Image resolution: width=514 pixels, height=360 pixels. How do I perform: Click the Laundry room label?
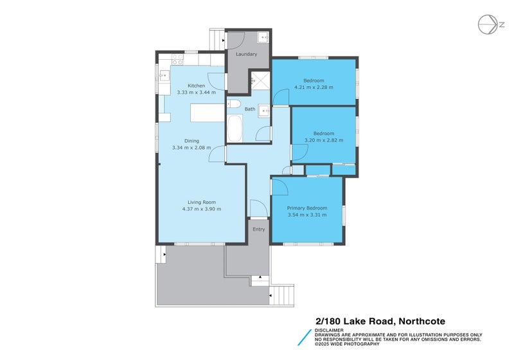click(x=247, y=54)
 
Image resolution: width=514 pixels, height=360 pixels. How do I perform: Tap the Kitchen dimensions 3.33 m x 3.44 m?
click(x=196, y=93)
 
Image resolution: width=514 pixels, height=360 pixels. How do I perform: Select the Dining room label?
click(x=192, y=141)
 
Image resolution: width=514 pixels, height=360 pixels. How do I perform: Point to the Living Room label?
click(x=201, y=202)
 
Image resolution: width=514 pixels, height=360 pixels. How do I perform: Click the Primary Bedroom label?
click(x=307, y=208)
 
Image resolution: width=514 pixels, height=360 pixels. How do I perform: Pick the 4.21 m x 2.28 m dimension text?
click(x=314, y=87)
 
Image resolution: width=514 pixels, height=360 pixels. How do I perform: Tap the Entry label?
click(x=258, y=229)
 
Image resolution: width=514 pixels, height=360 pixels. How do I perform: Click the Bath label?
click(x=249, y=109)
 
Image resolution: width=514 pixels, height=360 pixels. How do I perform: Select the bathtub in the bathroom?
click(x=234, y=129)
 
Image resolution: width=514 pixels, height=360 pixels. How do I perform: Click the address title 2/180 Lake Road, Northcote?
click(x=379, y=321)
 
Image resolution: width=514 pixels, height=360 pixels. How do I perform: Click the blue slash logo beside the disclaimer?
click(x=304, y=339)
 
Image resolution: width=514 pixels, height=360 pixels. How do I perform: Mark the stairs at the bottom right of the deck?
click(x=283, y=296)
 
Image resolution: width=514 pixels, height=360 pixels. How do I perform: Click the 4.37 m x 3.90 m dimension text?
click(x=201, y=209)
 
